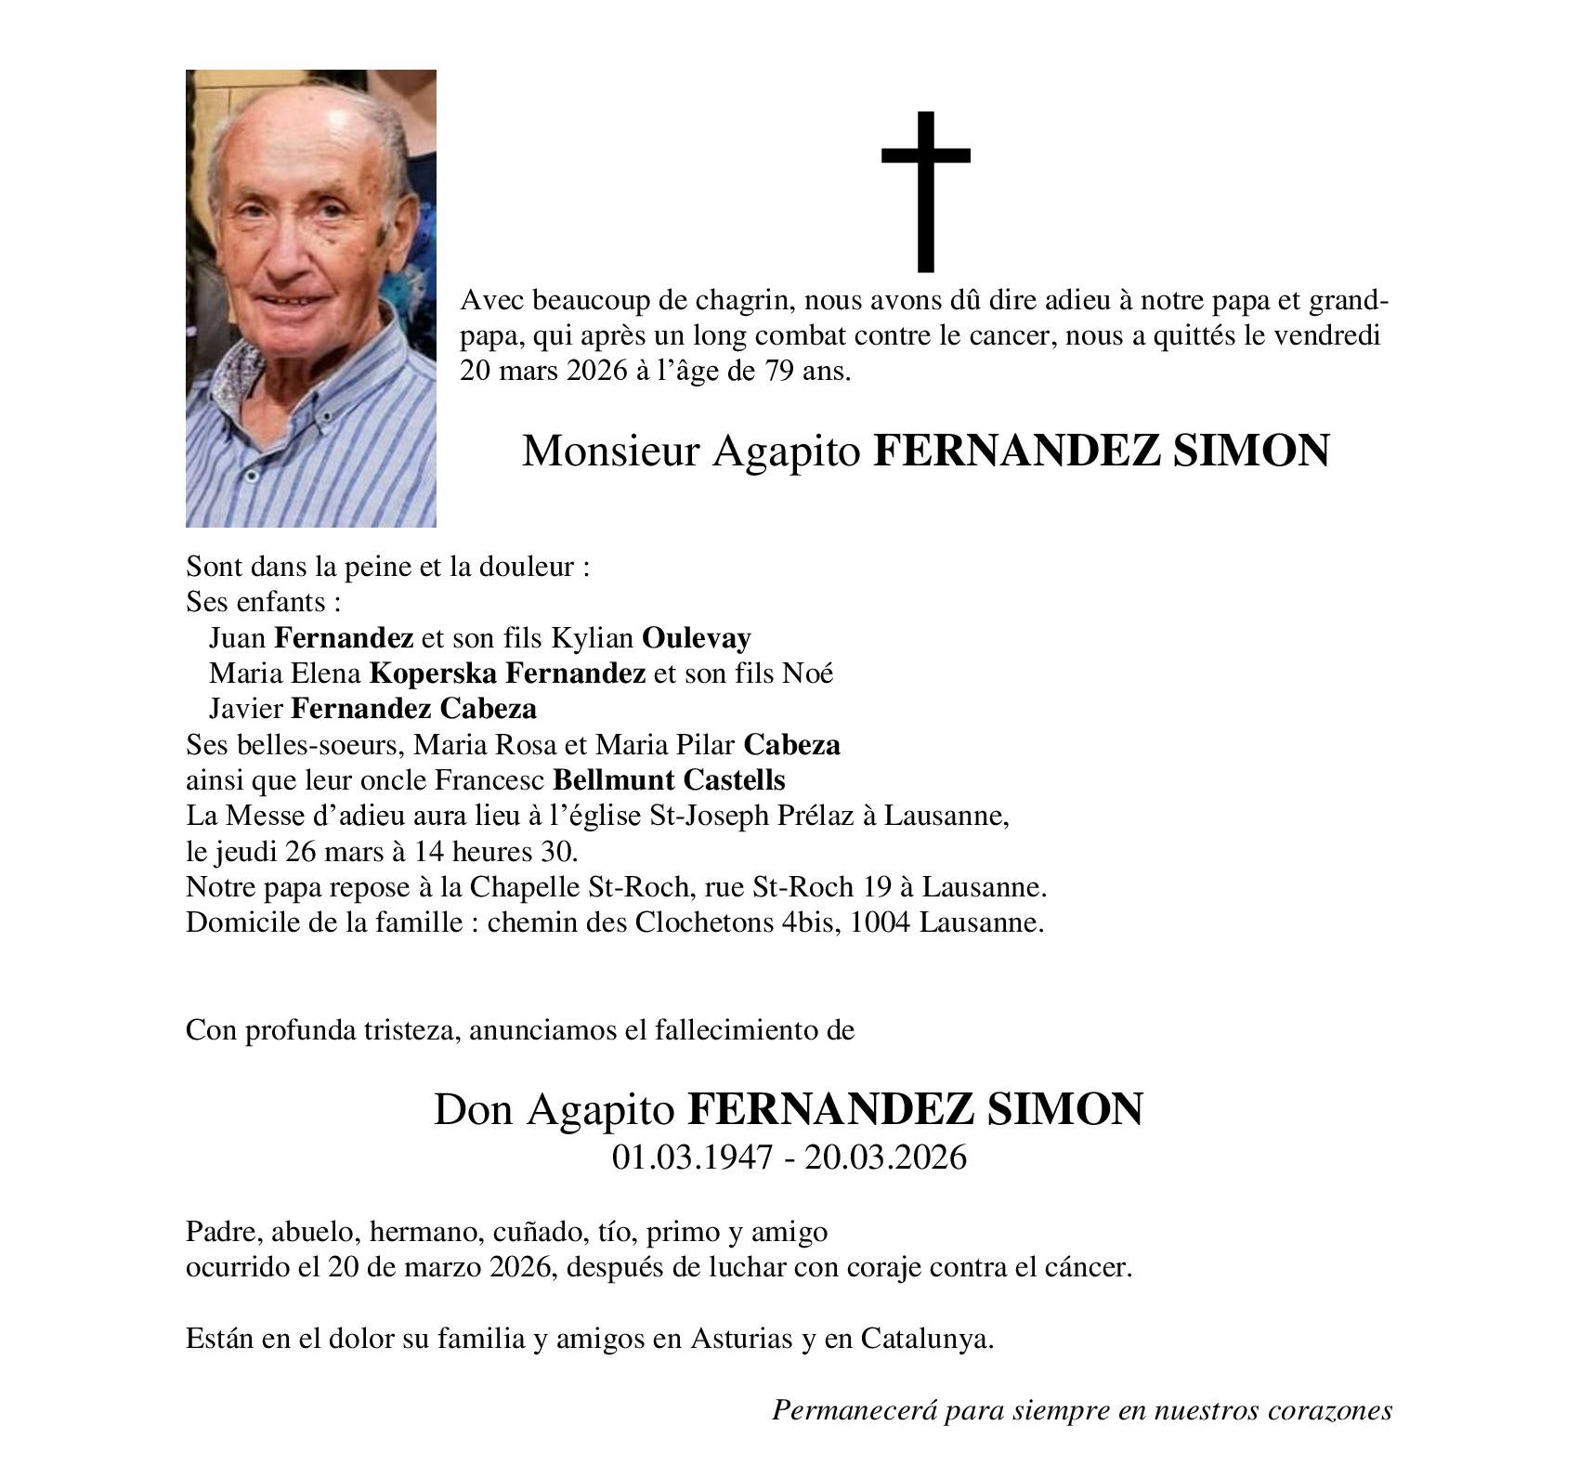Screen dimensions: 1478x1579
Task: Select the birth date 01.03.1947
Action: tap(692, 1158)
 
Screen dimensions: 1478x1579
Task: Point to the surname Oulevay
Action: tap(697, 638)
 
